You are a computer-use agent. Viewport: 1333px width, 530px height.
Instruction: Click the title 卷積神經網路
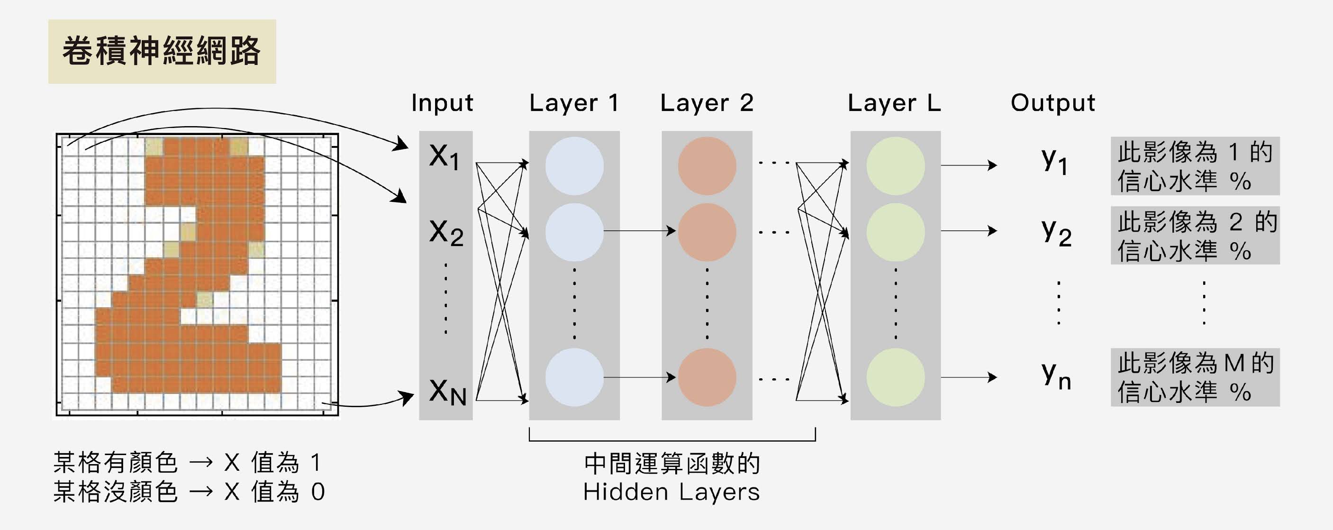pos(162,51)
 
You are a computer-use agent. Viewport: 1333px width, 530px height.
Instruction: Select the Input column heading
pos(442,103)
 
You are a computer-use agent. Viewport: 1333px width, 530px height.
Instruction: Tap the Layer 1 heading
pos(574,103)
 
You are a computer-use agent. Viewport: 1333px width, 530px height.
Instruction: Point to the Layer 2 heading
pos(707,103)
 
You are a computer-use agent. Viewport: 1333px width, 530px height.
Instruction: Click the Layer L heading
pos(894,103)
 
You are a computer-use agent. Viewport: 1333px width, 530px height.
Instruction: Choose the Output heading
pos(1052,103)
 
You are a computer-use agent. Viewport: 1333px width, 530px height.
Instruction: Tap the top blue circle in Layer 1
pos(574,165)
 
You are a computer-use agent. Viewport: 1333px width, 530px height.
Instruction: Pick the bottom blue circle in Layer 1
pos(574,377)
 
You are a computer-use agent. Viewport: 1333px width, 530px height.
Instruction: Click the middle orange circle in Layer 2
pos(707,232)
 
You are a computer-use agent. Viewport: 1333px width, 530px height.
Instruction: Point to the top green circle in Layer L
pos(895,165)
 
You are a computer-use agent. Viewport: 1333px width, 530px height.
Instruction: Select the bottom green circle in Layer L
pos(895,377)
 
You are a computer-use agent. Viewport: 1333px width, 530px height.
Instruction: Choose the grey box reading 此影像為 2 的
pos(1195,236)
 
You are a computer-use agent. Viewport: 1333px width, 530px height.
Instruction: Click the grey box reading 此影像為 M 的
pos(1195,377)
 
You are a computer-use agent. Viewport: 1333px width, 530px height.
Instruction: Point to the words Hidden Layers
pos(671,492)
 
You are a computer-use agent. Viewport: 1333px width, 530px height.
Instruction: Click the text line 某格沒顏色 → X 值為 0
pos(189,492)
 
